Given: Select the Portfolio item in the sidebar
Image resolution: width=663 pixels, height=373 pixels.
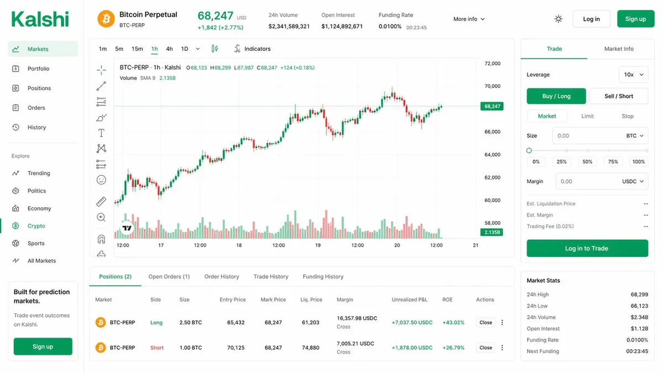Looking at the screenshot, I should point(38,69).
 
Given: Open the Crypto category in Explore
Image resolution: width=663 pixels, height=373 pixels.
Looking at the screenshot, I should point(36,226).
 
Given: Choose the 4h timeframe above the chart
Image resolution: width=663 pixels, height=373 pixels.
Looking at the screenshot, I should point(169,49).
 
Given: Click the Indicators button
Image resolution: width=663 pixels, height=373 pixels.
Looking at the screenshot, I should point(252,49).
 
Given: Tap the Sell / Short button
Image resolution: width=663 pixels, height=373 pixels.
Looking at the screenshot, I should point(618,96).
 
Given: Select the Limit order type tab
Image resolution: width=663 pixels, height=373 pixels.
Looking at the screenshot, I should point(587,116).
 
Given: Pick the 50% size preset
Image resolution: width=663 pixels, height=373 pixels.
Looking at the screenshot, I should point(587,162).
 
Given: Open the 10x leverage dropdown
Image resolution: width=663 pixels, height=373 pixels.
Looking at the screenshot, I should point(633,75).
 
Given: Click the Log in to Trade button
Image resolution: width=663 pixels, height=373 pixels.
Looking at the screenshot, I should point(587,248).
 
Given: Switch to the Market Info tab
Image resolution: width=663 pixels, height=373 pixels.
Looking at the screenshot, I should point(618,49).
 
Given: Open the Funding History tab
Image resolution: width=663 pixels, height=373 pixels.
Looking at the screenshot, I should point(323,276).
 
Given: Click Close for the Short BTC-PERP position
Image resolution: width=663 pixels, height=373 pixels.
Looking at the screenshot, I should point(486,348).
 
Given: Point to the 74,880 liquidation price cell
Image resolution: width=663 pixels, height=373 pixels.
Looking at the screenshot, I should point(311,348).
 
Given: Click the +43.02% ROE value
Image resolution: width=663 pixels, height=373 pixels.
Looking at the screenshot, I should point(453,322).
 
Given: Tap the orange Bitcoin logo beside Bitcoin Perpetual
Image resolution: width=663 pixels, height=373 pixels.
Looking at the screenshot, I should point(106,19).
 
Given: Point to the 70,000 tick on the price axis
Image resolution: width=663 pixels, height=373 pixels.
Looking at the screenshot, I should point(492,86).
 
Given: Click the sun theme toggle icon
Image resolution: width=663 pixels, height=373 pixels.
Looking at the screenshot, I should point(559,19).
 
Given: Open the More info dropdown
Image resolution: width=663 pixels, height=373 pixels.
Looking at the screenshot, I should point(469,19).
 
